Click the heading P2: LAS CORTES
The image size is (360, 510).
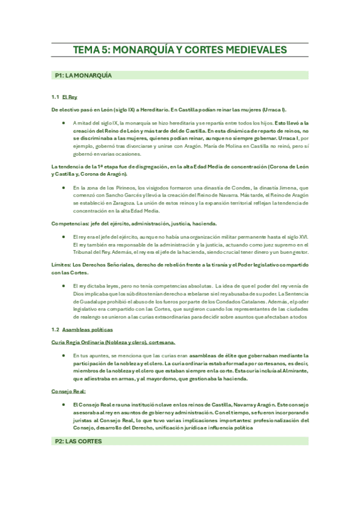click(78, 441)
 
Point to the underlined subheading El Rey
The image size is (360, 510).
click(70, 97)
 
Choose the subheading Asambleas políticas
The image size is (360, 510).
click(87, 330)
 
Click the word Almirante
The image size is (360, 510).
click(294, 372)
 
